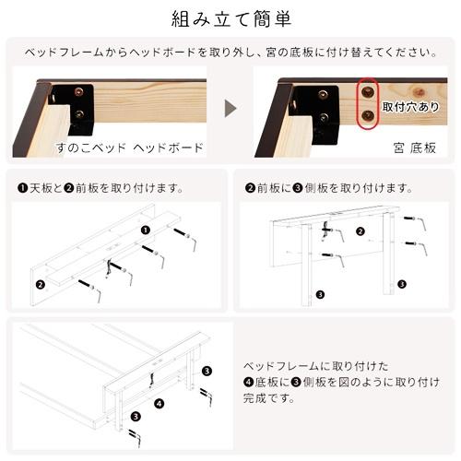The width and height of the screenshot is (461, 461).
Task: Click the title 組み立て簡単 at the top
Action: [230, 18]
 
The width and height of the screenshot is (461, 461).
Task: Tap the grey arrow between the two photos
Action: [230, 108]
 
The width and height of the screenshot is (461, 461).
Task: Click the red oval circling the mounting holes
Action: [369, 103]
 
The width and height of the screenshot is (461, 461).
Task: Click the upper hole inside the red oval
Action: [369, 91]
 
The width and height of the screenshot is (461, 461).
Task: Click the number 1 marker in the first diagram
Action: [146, 230]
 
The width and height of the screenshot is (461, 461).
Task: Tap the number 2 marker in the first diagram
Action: [40, 284]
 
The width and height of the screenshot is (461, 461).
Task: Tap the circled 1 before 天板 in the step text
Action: [22, 188]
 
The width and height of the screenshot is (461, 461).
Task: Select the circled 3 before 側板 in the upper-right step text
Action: [297, 188]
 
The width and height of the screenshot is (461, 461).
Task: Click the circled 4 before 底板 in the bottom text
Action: [248, 383]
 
